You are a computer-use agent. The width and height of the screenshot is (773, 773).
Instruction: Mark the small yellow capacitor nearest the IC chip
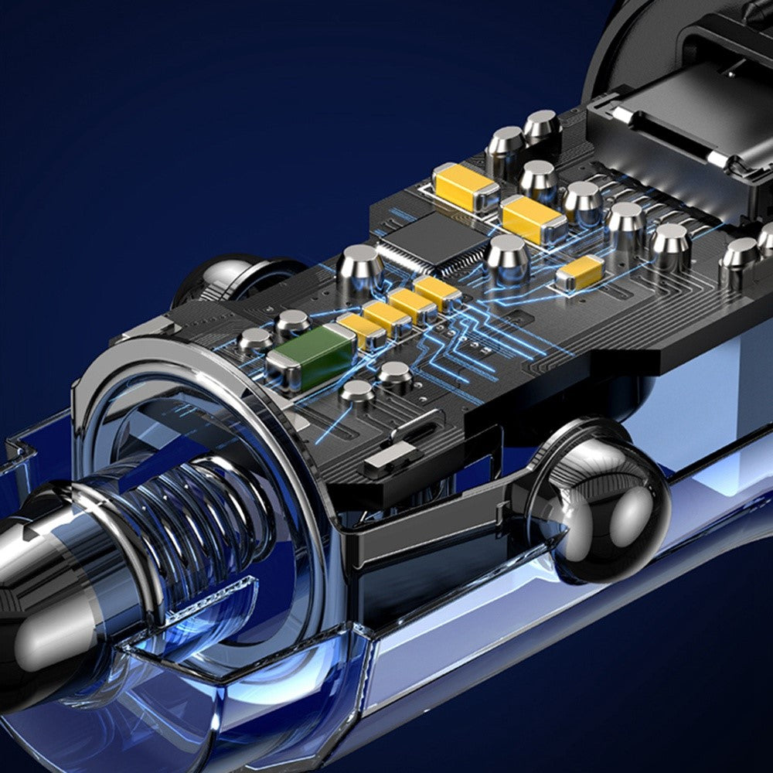click(x=438, y=291)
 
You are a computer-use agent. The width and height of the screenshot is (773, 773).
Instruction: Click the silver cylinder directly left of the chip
click(x=360, y=267)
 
